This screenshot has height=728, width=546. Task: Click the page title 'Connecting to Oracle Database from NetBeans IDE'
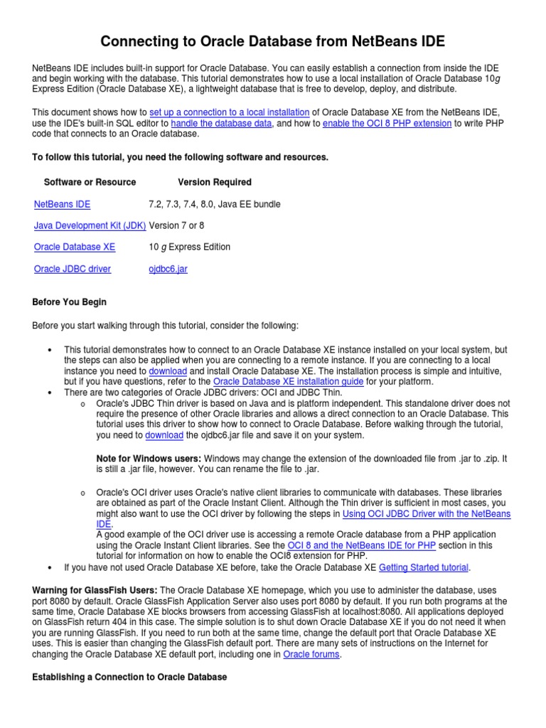point(273,42)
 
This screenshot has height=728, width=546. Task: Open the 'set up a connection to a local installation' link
point(230,112)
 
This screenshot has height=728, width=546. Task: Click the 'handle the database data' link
point(222,123)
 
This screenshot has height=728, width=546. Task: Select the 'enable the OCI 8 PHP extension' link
point(387,123)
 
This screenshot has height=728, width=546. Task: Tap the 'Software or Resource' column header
point(90,182)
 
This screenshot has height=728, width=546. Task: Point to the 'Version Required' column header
point(215,182)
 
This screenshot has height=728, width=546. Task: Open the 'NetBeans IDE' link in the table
point(63,204)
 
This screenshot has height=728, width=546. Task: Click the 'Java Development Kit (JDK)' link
point(90,225)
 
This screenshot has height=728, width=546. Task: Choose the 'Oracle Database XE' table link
point(75,247)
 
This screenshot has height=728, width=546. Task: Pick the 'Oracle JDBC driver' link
point(73,269)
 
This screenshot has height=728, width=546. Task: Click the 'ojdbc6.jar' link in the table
point(168,269)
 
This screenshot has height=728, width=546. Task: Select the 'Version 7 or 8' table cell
point(176,225)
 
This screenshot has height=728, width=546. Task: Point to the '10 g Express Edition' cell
point(190,247)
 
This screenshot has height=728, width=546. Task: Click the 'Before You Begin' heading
point(70,302)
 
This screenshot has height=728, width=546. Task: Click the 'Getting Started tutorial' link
point(424,567)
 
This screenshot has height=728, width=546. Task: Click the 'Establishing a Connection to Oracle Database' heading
point(130,678)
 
